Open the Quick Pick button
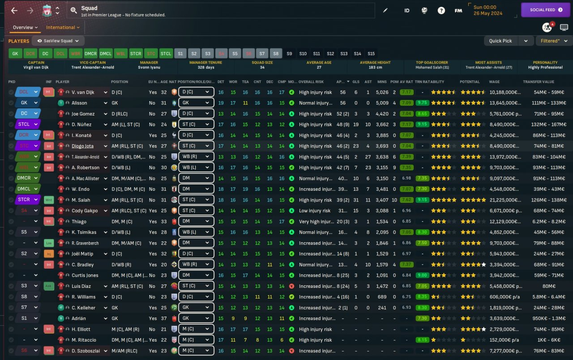click(500, 41)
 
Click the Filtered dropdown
click(553, 41)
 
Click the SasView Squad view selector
click(58, 41)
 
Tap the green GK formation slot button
click(15, 54)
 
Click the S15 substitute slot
click(371, 54)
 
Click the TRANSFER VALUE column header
click(538, 82)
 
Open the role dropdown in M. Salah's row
click(196, 200)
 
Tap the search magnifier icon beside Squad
click(74, 10)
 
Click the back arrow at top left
click(14, 10)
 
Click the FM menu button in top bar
click(458, 10)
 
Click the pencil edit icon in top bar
click(385, 10)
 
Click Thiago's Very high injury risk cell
click(316, 222)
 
